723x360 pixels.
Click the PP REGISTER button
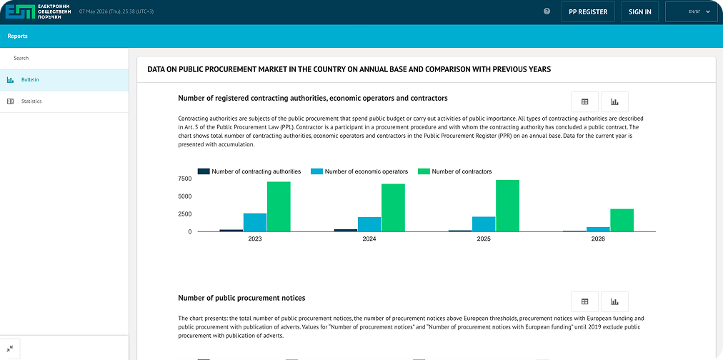pyautogui.click(x=588, y=12)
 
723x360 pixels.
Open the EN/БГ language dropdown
pyautogui.click(x=691, y=12)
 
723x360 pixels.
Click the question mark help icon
pyautogui.click(x=547, y=11)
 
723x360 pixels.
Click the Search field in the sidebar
pyautogui.click(x=64, y=58)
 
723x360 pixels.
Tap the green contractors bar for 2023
pyautogui.click(x=279, y=206)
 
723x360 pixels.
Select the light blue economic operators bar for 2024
pyautogui.click(x=369, y=224)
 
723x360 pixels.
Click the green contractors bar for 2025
pyautogui.click(x=507, y=206)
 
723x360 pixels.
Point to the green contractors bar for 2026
pyautogui.click(x=622, y=220)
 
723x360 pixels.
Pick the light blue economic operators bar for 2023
pyautogui.click(x=255, y=222)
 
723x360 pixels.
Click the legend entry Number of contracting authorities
pyautogui.click(x=249, y=171)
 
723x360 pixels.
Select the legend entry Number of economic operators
pyautogui.click(x=359, y=171)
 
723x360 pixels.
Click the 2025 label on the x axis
pyautogui.click(x=484, y=239)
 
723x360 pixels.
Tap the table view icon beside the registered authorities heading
pyautogui.click(x=584, y=102)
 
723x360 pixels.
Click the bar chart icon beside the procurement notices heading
pyautogui.click(x=614, y=301)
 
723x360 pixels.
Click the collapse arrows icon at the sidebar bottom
pyautogui.click(x=10, y=349)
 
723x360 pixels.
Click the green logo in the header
pyautogui.click(x=20, y=11)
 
